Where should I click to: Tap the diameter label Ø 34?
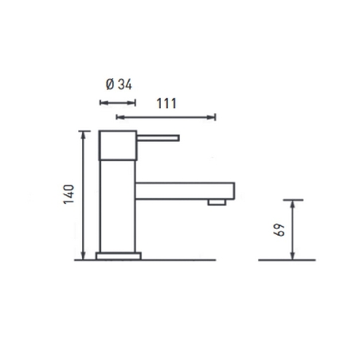tap(119, 84)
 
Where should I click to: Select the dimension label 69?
tap(279, 229)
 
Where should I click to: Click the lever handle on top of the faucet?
tap(159, 138)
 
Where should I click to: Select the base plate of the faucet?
tap(119, 256)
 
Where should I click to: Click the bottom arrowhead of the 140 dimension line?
tap(84, 256)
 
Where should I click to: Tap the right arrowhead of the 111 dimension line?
tap(213, 117)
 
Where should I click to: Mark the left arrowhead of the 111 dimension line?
tap(119, 117)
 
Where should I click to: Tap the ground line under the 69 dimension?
tap(287, 260)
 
